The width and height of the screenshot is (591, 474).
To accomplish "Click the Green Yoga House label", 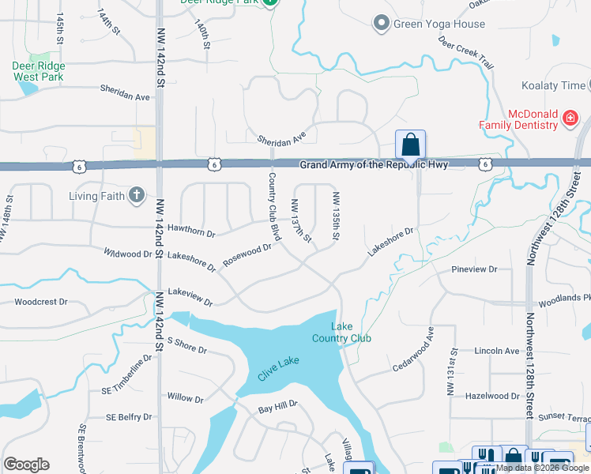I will [439, 24].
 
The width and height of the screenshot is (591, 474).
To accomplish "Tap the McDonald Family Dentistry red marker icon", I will [570, 119].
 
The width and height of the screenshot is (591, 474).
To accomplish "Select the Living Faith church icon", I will [137, 195].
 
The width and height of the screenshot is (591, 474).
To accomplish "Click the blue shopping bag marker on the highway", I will [410, 145].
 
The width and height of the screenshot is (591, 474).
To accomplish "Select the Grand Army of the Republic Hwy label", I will [373, 164].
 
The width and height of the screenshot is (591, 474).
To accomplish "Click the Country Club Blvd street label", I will [275, 206].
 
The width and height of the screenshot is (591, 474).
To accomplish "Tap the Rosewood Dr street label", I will [247, 254].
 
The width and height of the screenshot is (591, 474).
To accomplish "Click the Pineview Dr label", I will [473, 269].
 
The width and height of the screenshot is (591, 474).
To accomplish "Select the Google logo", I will [26, 465].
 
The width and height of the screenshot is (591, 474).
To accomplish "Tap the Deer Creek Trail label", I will [465, 53].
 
